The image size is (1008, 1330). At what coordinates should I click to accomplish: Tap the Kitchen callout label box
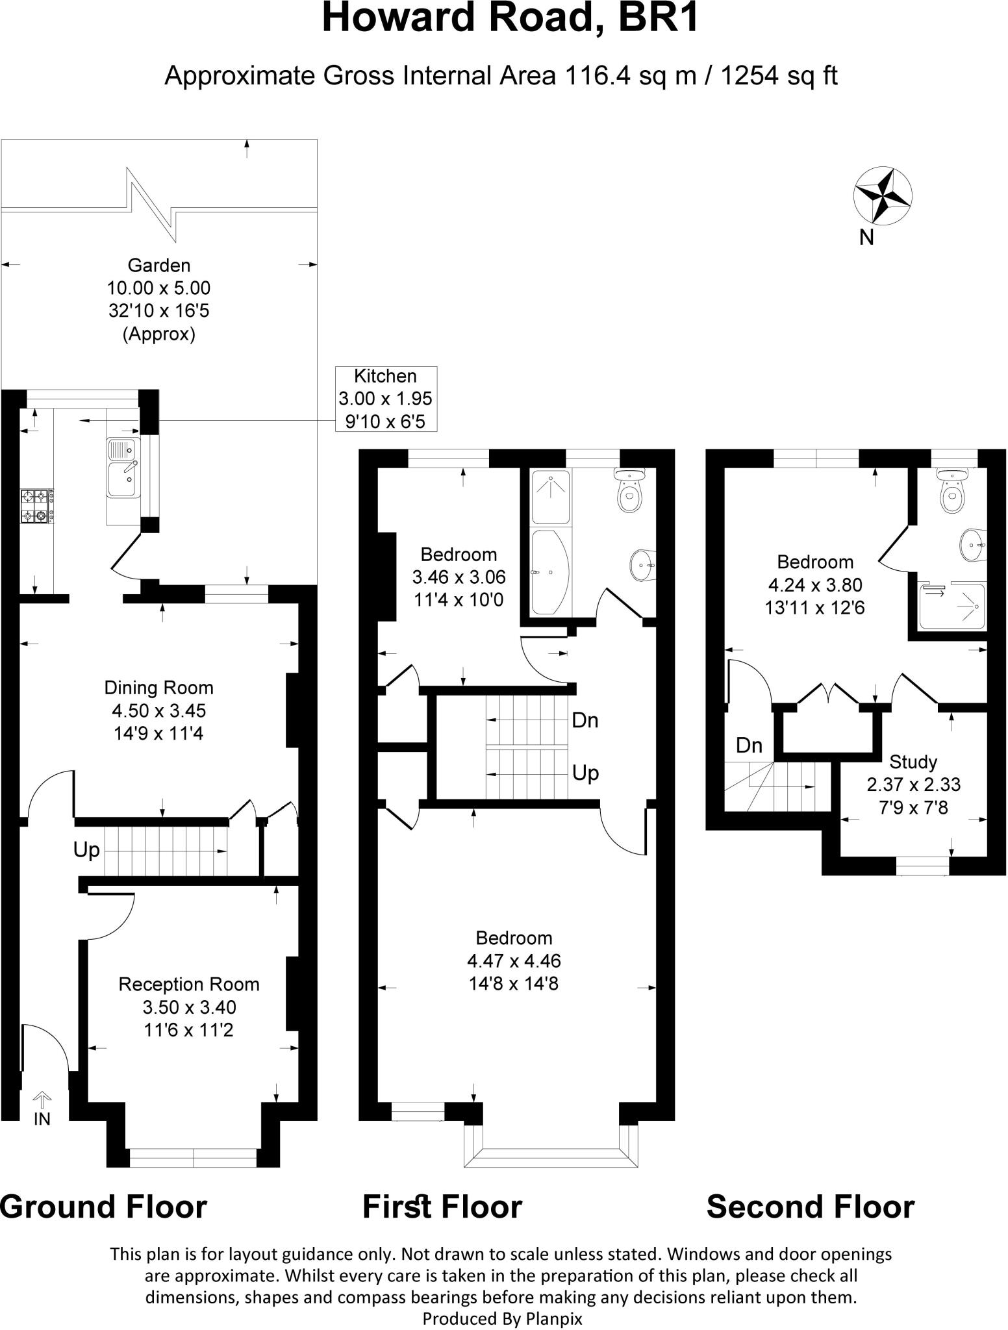385,399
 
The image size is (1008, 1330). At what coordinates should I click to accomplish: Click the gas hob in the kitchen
36,507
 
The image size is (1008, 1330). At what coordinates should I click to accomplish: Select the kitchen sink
123,467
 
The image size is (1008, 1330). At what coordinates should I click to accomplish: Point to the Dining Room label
158,688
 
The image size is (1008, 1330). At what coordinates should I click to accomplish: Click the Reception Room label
188,985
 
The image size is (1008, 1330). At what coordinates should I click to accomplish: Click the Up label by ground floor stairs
86,850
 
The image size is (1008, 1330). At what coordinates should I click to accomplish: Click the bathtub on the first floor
550,572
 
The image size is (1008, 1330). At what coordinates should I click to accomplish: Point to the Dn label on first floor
585,721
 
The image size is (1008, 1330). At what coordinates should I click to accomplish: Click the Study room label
913,761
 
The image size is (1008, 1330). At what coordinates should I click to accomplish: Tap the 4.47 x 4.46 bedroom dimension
513,960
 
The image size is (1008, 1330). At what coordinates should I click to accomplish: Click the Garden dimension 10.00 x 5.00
158,288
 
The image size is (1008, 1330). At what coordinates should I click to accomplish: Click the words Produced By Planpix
502,1318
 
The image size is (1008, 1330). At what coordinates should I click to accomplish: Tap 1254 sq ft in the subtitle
779,76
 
